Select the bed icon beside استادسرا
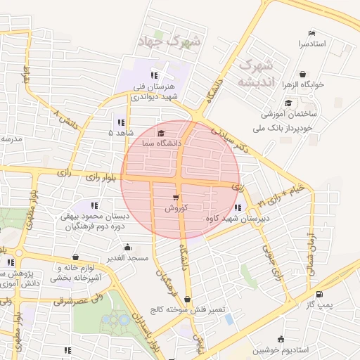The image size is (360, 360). (x=312, y=33)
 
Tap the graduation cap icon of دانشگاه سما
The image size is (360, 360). (x=161, y=133)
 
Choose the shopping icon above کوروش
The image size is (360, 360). (x=175, y=197)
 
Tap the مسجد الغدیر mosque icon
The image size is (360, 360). (x=127, y=247)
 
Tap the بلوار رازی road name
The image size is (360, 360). (x=87, y=176)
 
